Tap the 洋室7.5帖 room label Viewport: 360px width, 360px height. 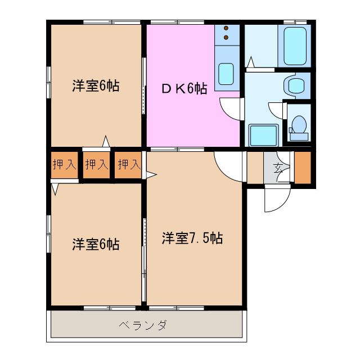point(192,238)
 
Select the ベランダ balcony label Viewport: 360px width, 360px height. point(143,325)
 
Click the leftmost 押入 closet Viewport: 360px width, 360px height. point(64,165)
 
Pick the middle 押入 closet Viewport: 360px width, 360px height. point(97,165)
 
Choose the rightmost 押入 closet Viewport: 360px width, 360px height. point(129,165)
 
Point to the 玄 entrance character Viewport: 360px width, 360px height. point(278,166)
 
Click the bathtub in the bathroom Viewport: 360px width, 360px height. point(294,46)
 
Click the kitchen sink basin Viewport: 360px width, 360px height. point(226,73)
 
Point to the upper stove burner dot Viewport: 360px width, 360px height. point(226,28)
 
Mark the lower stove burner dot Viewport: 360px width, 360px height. point(226,38)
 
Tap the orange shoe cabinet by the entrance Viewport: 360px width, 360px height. point(302,168)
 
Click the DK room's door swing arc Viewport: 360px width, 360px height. point(231,108)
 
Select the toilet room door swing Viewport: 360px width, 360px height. point(277,110)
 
